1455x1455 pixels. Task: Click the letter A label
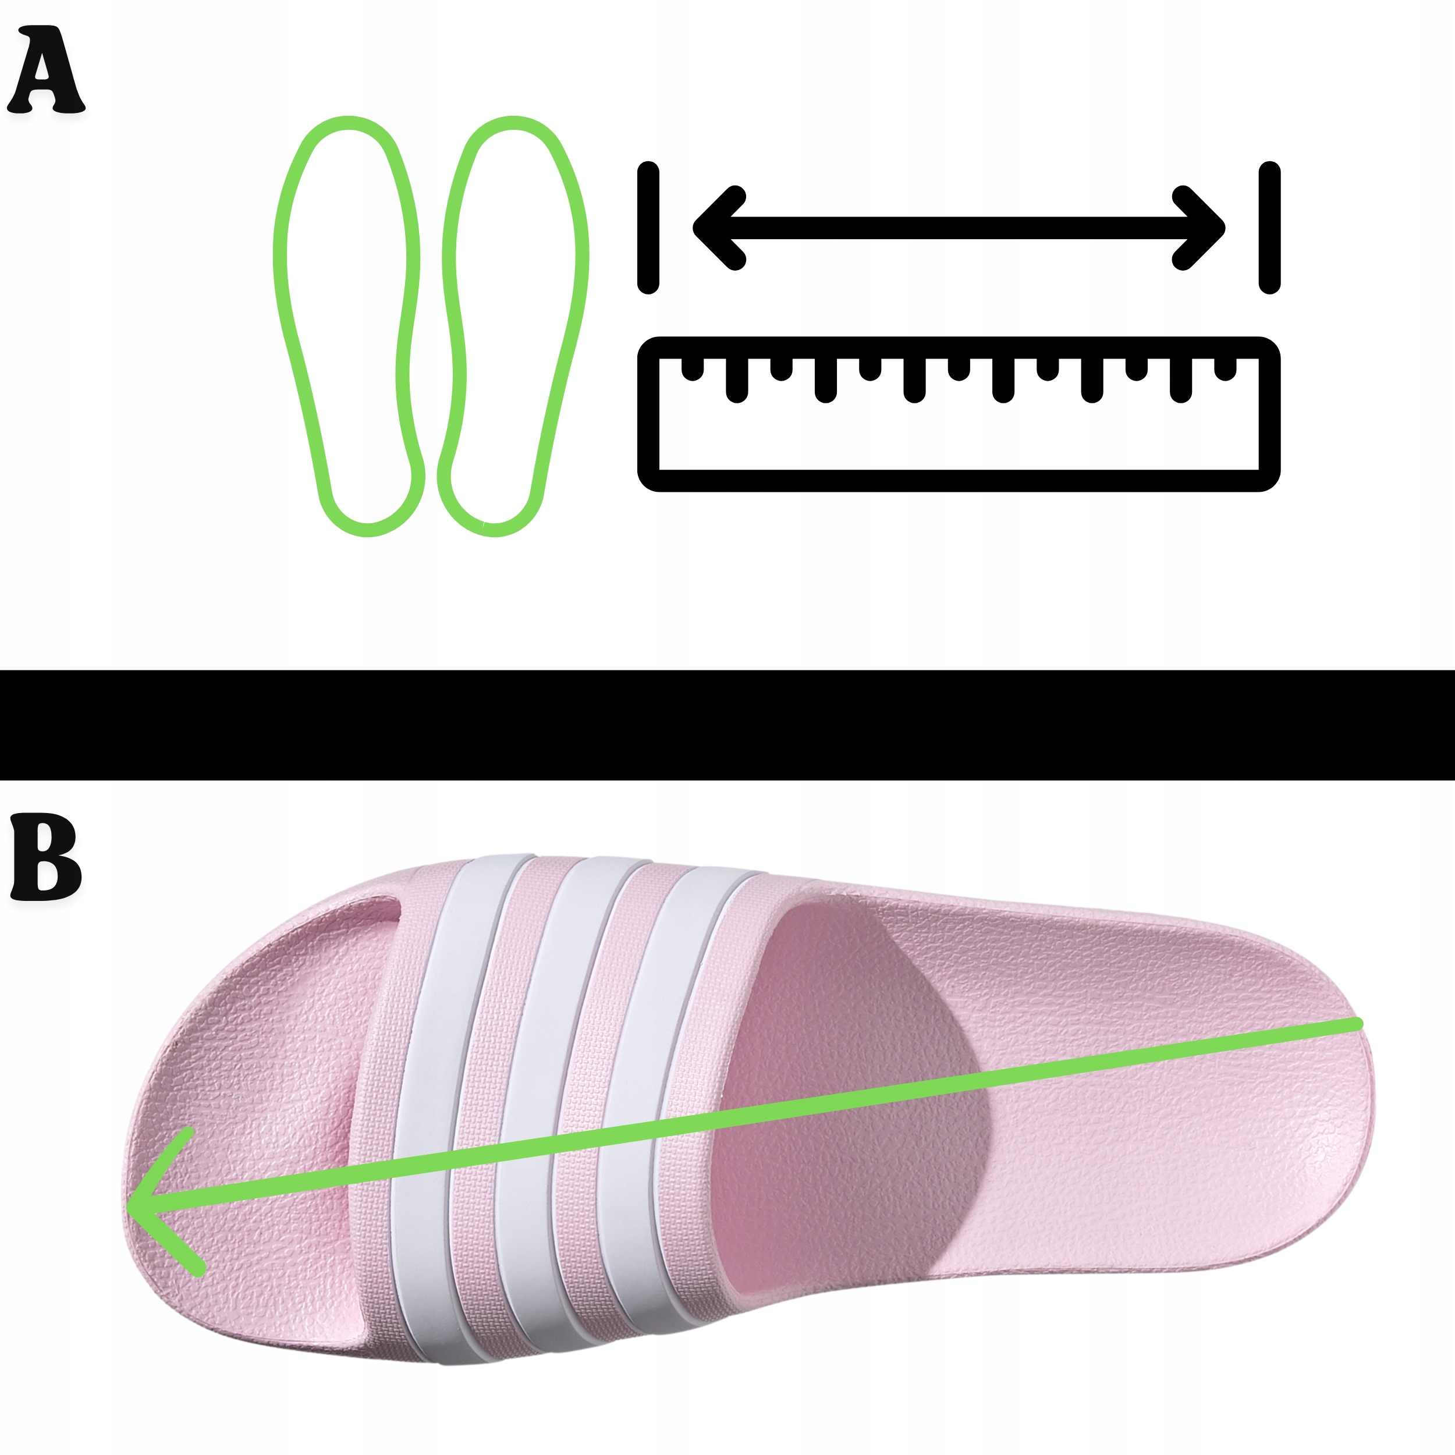click(45, 71)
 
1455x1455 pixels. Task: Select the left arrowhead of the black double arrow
click(715, 228)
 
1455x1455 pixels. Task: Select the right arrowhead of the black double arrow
click(1202, 228)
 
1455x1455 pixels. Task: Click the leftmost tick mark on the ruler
click(692, 367)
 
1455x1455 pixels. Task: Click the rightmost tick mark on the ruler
click(1225, 367)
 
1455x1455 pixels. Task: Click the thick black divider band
click(727, 725)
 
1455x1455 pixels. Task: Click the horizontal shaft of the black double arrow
click(958, 228)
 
